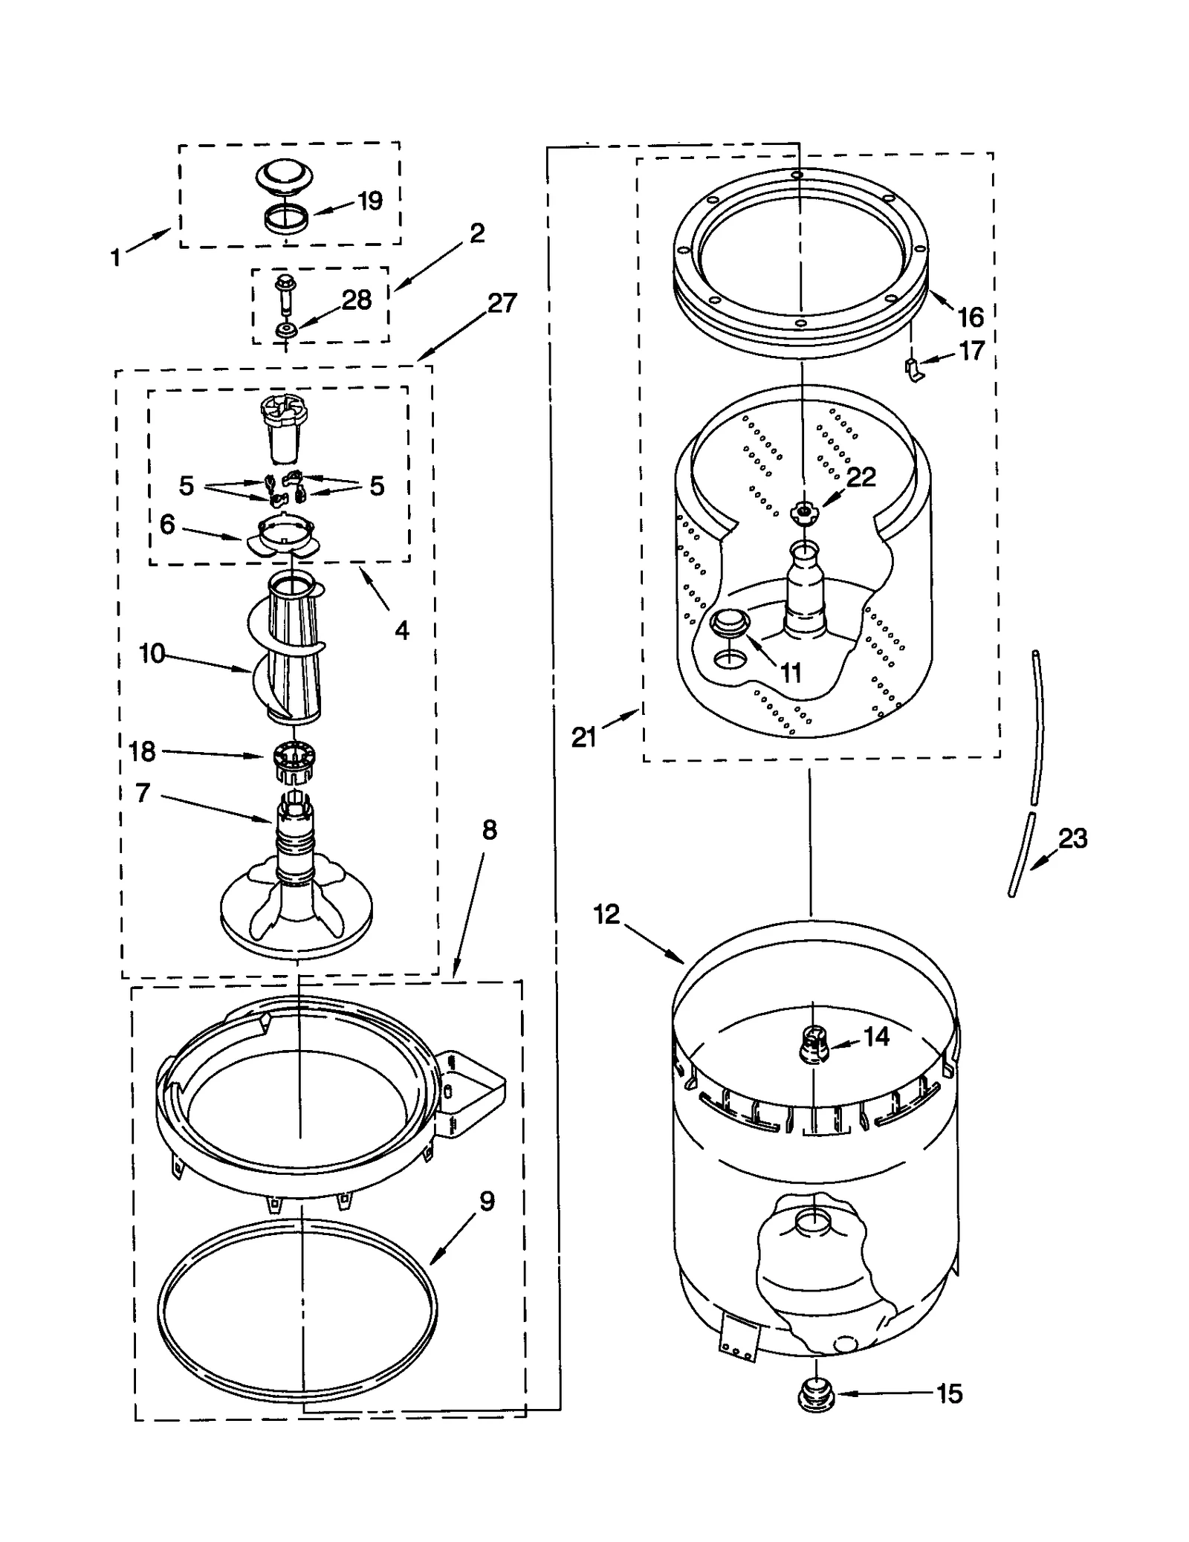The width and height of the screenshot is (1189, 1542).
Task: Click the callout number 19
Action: point(369,201)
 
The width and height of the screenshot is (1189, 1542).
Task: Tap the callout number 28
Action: point(357,300)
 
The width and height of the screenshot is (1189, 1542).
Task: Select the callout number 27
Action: point(502,303)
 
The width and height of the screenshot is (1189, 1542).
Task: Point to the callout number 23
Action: point(1072,838)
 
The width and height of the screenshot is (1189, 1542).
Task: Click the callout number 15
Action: point(949,1394)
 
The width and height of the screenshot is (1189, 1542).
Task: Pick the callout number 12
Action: point(606,914)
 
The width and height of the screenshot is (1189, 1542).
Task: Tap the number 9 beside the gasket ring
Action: point(487,1202)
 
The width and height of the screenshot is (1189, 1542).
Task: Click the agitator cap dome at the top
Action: point(285,178)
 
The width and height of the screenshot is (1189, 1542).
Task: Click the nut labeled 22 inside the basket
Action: point(803,511)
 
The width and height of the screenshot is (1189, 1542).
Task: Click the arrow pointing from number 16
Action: point(939,302)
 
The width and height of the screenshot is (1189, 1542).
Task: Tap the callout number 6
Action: point(168,525)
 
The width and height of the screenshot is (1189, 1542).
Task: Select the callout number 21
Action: point(583,737)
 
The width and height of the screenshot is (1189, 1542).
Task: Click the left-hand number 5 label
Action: point(187,486)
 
